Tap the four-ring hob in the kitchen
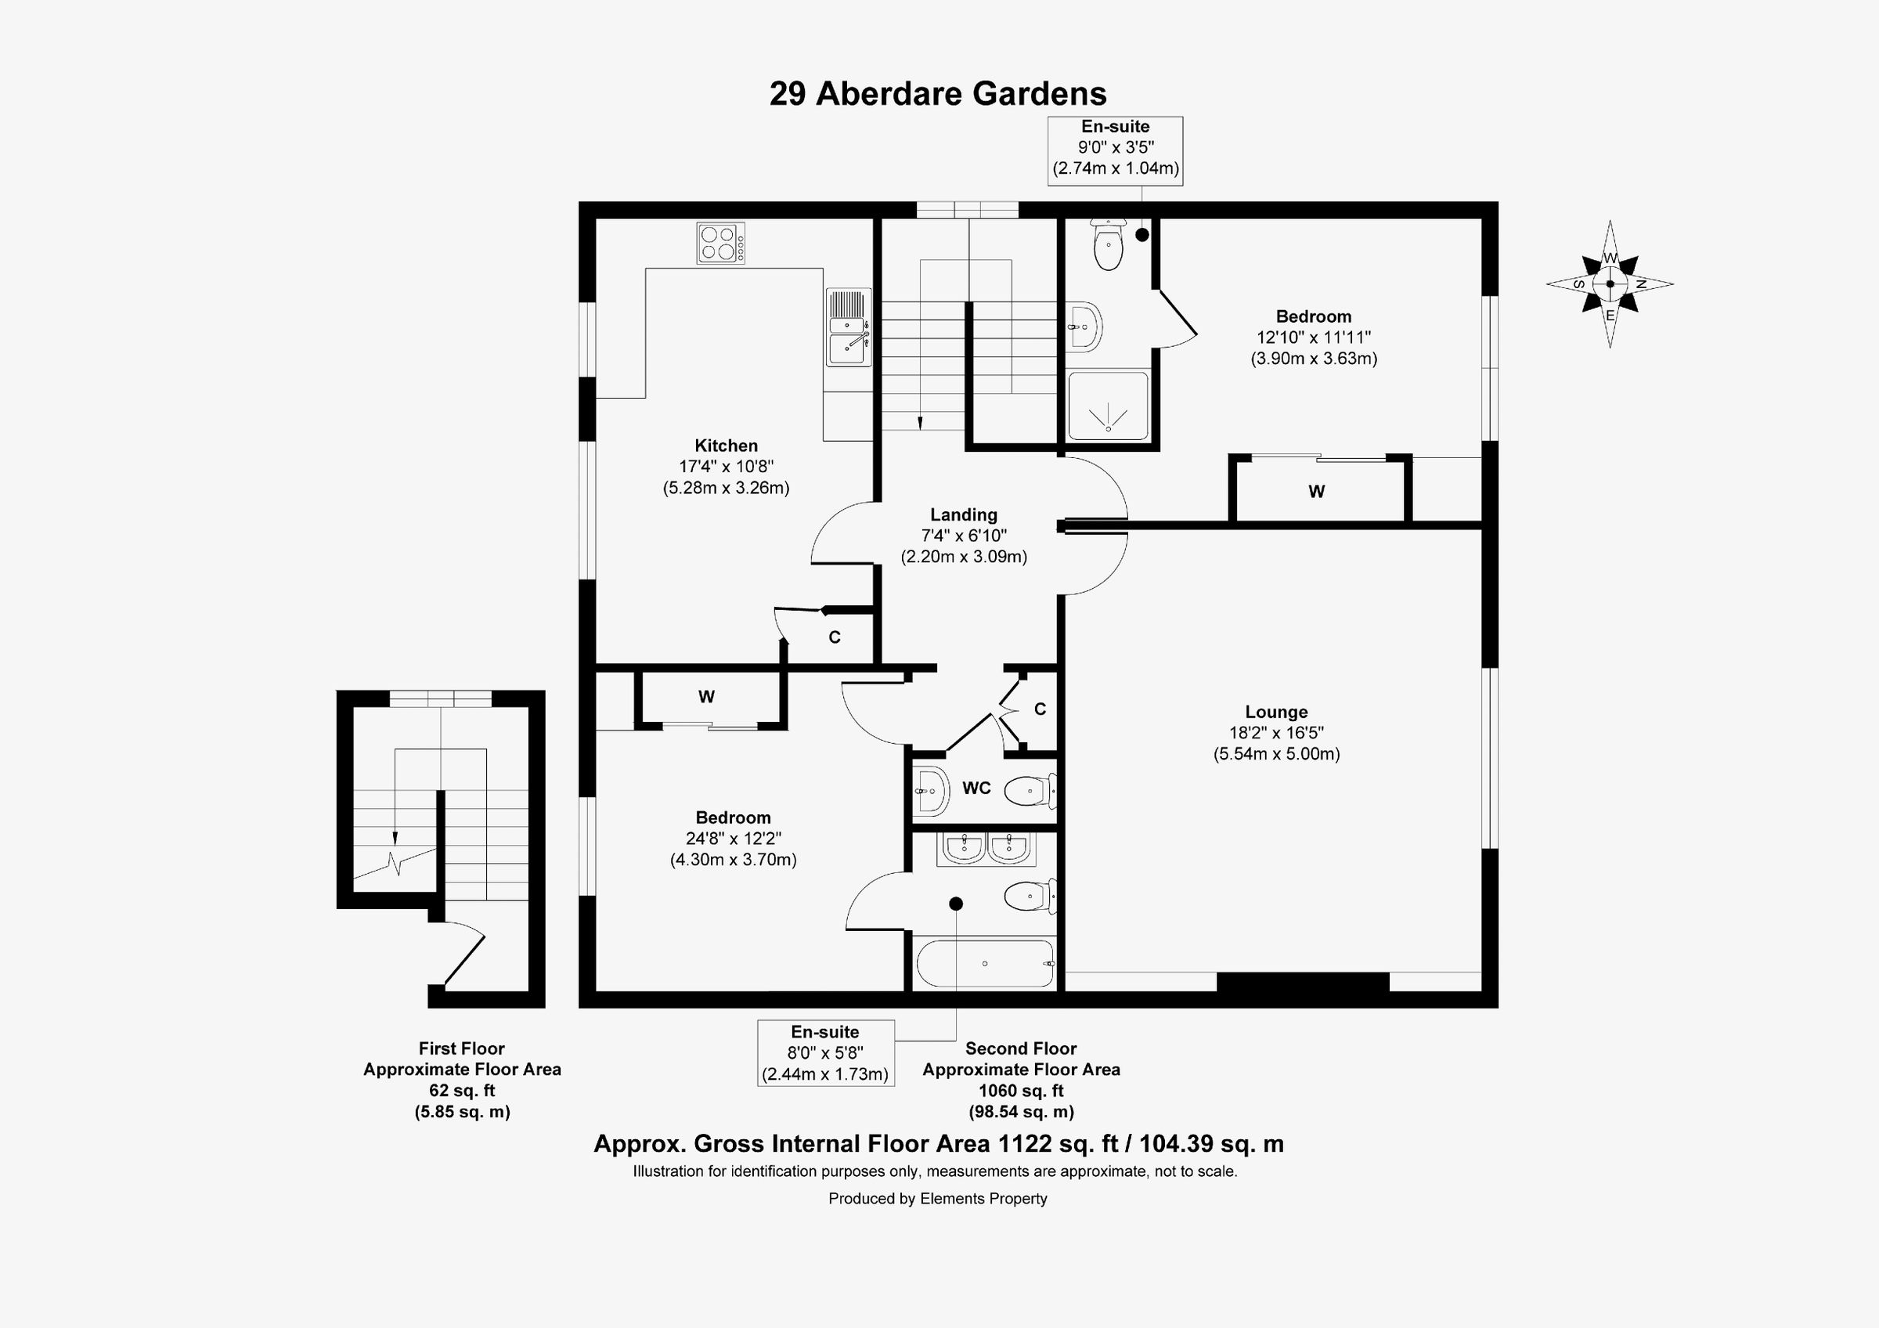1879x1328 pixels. point(721,243)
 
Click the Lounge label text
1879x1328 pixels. point(1276,712)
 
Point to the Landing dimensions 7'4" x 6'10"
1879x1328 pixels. point(963,536)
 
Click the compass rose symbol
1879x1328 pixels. point(1610,284)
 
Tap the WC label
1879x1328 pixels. point(976,788)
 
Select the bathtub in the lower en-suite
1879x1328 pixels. point(984,964)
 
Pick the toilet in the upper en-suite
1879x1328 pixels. point(1108,245)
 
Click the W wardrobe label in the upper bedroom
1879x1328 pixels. point(1316,492)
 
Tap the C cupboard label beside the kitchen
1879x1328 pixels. point(834,637)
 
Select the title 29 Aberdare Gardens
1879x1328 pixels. point(938,94)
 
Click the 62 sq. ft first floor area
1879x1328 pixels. point(462,1091)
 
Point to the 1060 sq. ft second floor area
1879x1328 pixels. point(1020,1091)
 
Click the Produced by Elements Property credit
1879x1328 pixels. point(938,1199)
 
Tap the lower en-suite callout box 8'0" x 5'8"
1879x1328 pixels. point(825,1053)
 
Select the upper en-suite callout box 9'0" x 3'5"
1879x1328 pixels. point(1115,148)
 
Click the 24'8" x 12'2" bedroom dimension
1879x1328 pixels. point(733,839)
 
